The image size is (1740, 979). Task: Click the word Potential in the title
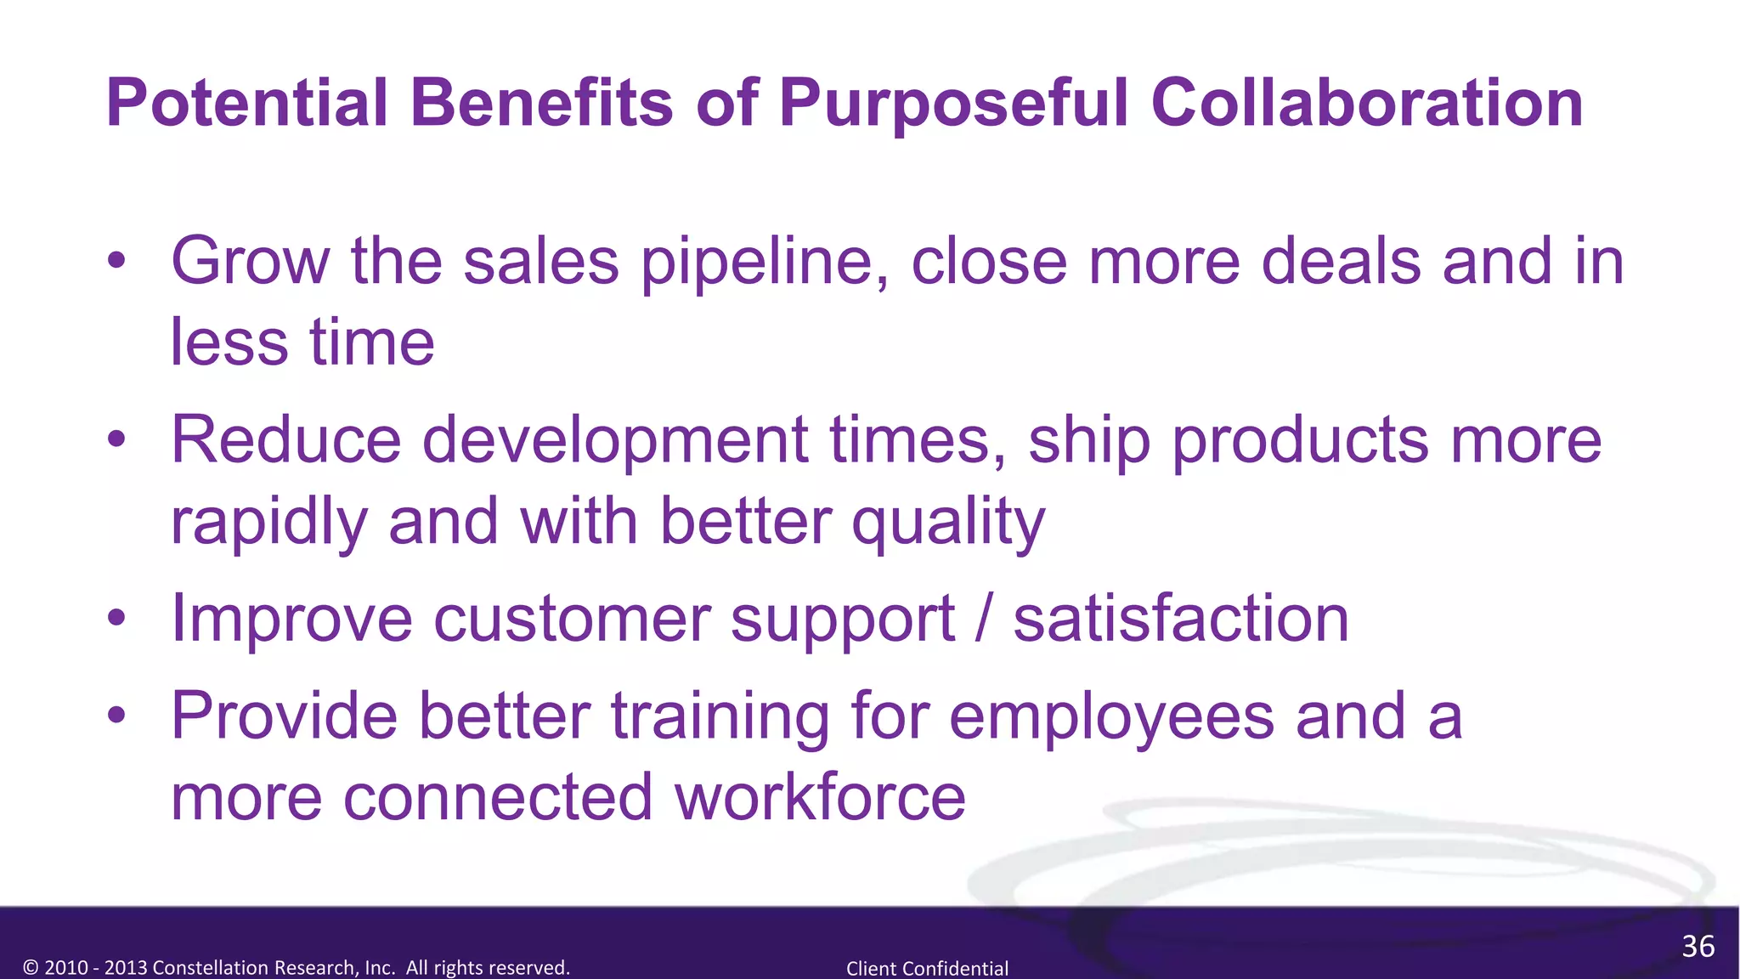tap(247, 104)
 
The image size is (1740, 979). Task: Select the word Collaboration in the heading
tap(1367, 104)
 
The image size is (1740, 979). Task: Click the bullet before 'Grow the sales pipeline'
tap(117, 261)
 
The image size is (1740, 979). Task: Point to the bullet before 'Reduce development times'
tap(117, 440)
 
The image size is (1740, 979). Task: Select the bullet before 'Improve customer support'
tap(117, 619)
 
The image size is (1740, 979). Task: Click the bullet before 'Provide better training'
tap(117, 716)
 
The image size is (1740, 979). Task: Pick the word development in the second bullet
tap(615, 442)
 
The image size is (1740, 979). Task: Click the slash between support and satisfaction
tap(984, 619)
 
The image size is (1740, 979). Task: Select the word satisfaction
tap(1181, 619)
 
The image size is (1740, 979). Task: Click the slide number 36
tap(1698, 947)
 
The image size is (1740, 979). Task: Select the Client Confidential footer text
tap(927, 968)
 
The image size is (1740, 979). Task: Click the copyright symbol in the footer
tap(31, 968)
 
